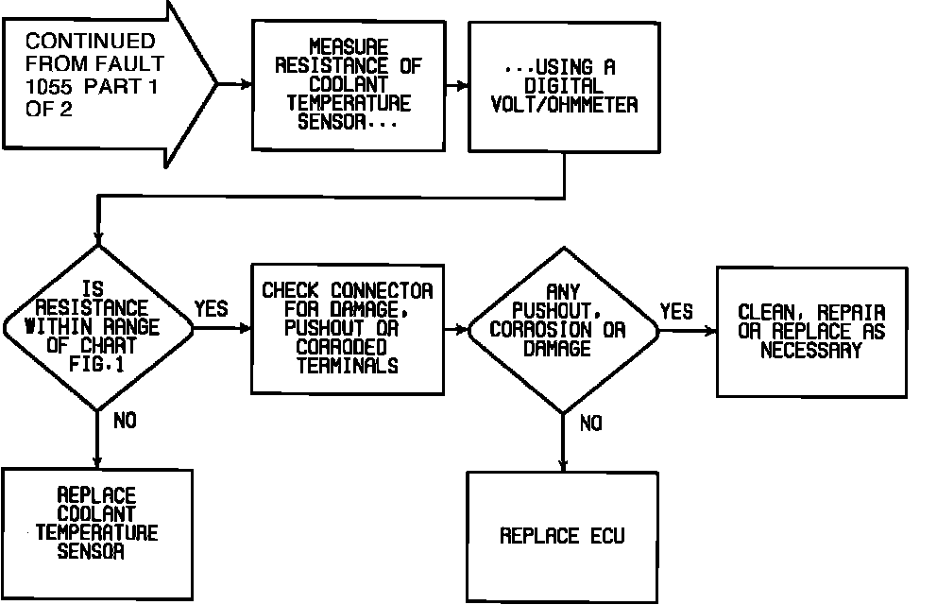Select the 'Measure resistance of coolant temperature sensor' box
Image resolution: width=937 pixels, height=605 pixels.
[348, 85]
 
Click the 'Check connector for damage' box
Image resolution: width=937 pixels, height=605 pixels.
[347, 328]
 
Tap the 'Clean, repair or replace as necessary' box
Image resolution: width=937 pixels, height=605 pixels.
[812, 331]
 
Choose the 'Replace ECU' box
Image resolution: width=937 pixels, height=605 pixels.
[562, 536]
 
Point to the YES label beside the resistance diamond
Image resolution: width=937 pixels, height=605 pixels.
[211, 308]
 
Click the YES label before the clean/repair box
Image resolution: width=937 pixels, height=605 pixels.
[676, 311]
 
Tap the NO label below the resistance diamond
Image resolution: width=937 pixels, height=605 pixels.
[125, 421]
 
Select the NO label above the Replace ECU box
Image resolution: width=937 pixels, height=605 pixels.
[590, 423]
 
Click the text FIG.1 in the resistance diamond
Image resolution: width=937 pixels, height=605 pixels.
[98, 365]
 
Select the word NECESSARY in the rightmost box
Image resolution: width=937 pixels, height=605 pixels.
[813, 350]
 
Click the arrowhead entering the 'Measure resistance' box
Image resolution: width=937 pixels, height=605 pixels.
[247, 84]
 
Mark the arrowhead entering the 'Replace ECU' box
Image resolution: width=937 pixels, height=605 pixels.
[563, 465]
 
